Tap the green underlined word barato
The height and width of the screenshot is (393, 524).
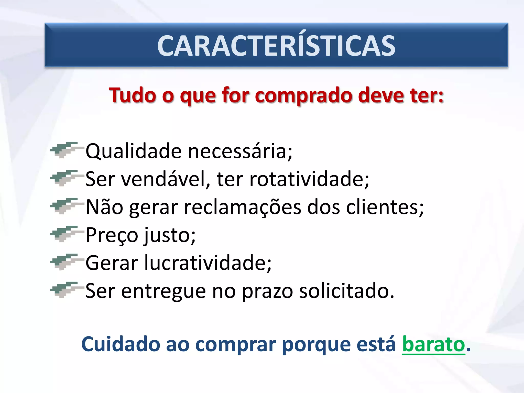click(433, 344)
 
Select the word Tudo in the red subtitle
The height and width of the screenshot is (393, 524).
click(132, 95)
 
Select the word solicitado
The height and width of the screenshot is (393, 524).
click(346, 291)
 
